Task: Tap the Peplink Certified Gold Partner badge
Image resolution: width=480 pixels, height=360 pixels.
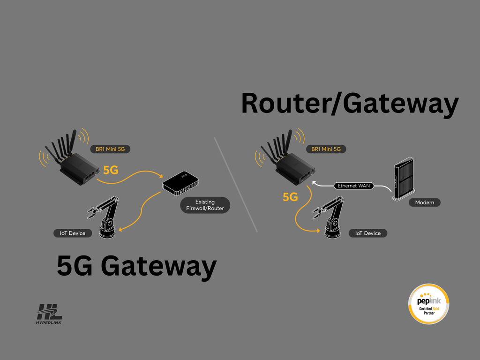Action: (429, 304)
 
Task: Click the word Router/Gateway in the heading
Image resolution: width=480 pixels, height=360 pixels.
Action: (349, 104)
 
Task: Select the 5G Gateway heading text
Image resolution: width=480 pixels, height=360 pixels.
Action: (136, 265)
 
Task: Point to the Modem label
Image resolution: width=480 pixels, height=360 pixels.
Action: (424, 202)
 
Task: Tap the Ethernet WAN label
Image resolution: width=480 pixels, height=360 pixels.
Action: (354, 186)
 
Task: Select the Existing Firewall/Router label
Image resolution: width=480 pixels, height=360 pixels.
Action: (205, 205)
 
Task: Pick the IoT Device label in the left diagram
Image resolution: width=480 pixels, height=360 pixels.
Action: (73, 233)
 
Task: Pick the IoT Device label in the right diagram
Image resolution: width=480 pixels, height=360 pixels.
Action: (368, 233)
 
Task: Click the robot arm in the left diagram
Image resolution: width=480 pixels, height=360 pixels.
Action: (107, 217)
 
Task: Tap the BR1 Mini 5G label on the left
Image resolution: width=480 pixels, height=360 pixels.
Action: (110, 149)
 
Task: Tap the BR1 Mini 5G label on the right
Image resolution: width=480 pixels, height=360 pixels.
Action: (326, 149)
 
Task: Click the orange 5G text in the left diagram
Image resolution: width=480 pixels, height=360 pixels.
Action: (111, 170)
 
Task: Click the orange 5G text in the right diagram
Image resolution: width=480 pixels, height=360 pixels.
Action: (290, 197)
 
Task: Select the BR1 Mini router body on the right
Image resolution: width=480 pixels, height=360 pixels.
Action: (294, 168)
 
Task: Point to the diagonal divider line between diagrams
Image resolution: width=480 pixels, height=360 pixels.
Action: (236, 184)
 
